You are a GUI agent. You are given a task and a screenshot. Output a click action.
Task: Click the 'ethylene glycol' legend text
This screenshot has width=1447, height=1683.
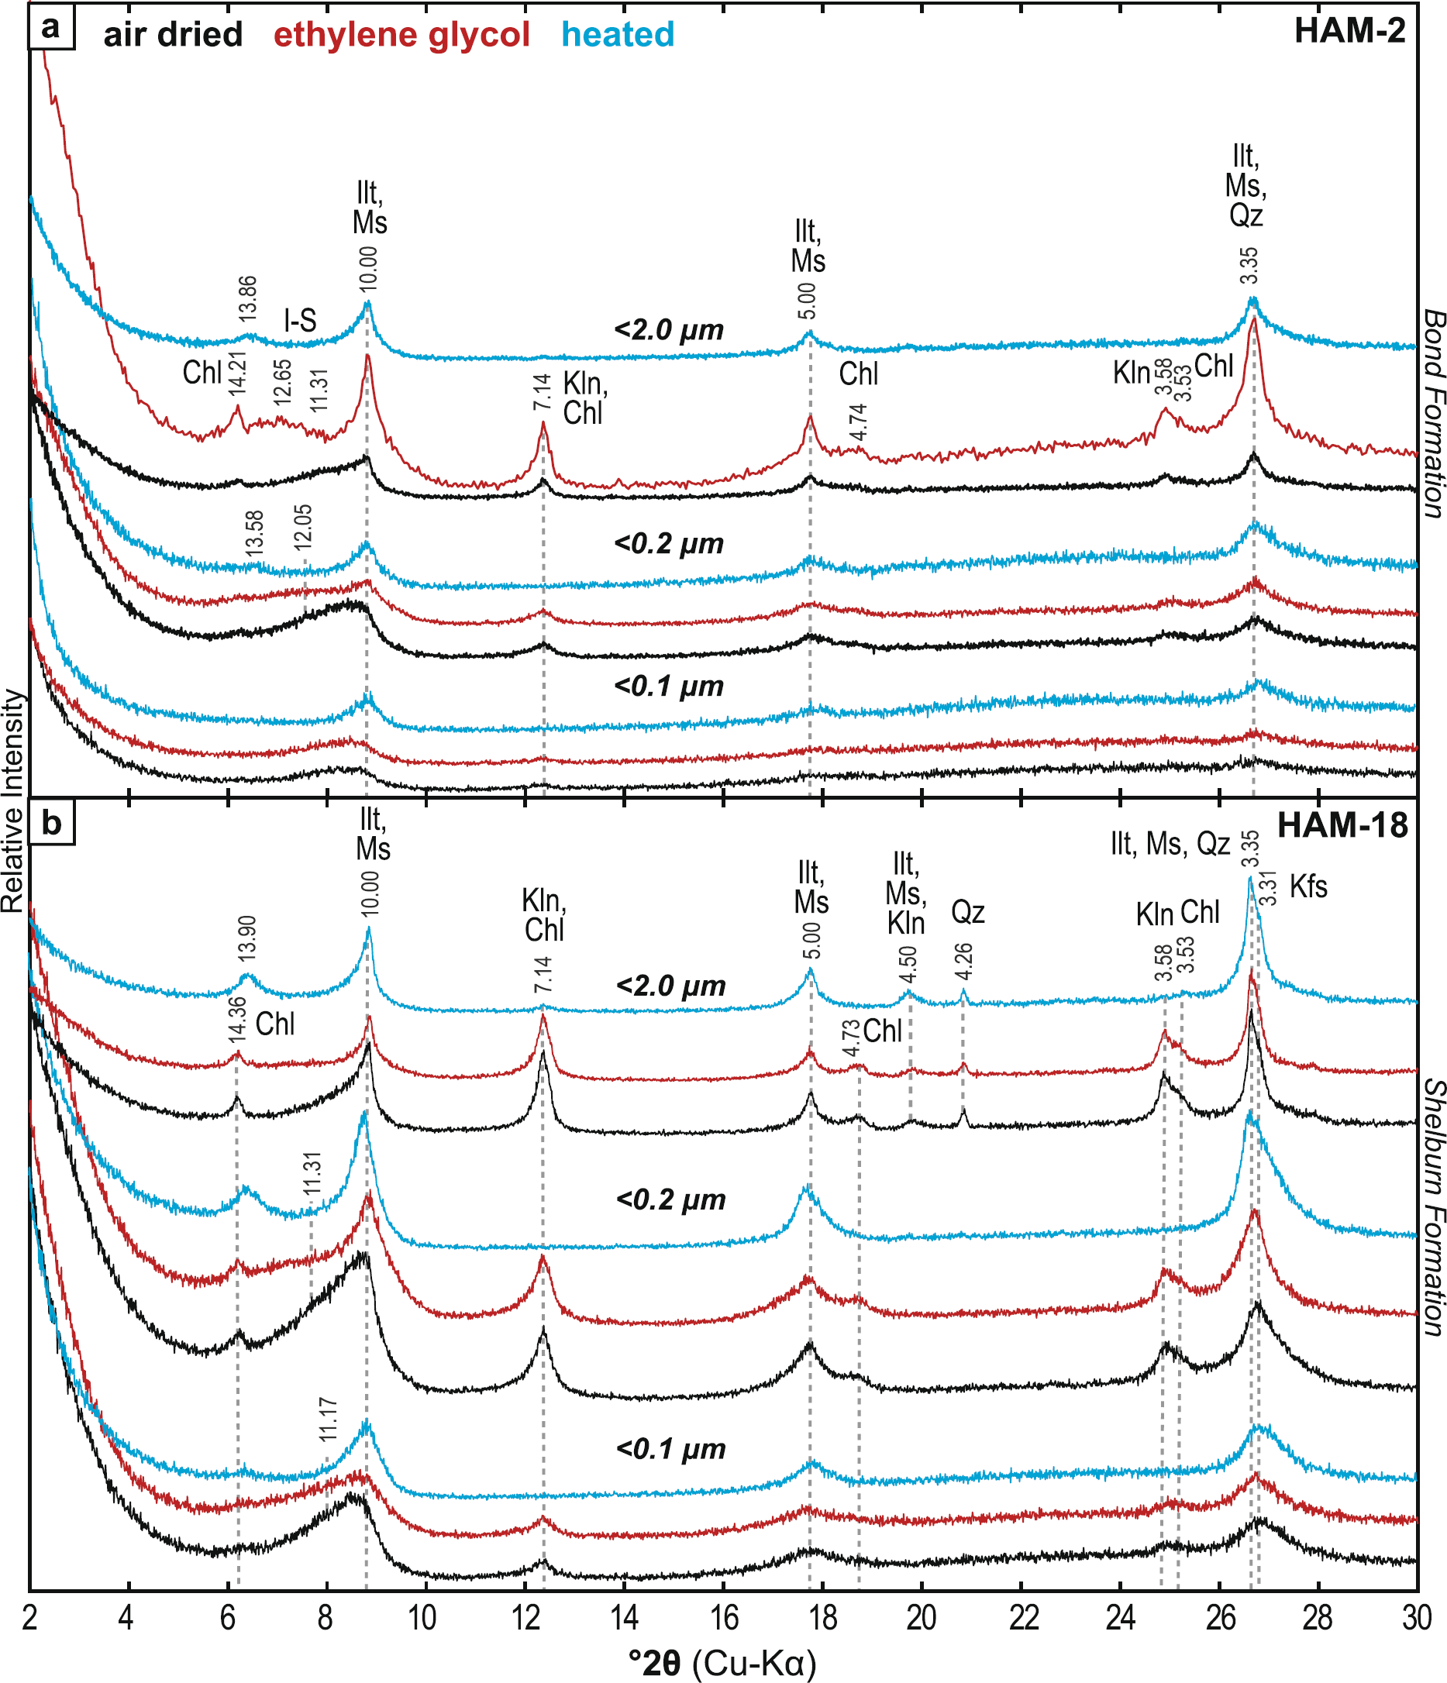pyautogui.click(x=401, y=35)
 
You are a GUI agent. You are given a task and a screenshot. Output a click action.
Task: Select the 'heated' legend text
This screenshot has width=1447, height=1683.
pyautogui.click(x=618, y=35)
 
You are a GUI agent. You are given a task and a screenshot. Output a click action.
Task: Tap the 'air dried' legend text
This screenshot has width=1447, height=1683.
pyautogui.click(x=173, y=35)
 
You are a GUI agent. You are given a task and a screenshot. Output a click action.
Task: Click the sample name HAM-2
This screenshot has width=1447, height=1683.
pyautogui.click(x=1349, y=32)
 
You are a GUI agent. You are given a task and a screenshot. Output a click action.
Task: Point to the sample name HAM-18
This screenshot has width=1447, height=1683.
pyautogui.click(x=1342, y=826)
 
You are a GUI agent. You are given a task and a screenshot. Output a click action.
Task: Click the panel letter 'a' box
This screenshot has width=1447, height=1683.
pyautogui.click(x=51, y=28)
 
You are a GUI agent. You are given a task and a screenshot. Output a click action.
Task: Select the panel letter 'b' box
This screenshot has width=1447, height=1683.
pyautogui.click(x=51, y=823)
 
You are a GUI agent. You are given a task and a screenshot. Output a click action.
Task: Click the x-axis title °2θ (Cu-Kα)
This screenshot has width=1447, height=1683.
pyautogui.click(x=722, y=1662)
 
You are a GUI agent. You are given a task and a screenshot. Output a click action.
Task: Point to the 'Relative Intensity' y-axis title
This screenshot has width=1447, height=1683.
pyautogui.click(x=12, y=800)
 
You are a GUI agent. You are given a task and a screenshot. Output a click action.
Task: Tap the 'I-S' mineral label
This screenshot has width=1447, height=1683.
pyautogui.click(x=300, y=321)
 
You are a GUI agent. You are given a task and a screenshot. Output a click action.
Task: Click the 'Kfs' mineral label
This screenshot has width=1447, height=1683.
pyautogui.click(x=1308, y=886)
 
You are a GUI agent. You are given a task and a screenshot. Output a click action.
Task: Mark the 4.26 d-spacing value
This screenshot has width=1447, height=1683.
pyautogui.click(x=963, y=962)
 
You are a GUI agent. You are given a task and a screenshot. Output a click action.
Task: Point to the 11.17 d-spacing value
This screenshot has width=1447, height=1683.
pyautogui.click(x=327, y=1420)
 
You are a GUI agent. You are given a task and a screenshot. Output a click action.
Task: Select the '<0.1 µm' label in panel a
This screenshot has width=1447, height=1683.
pyautogui.click(x=669, y=687)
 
